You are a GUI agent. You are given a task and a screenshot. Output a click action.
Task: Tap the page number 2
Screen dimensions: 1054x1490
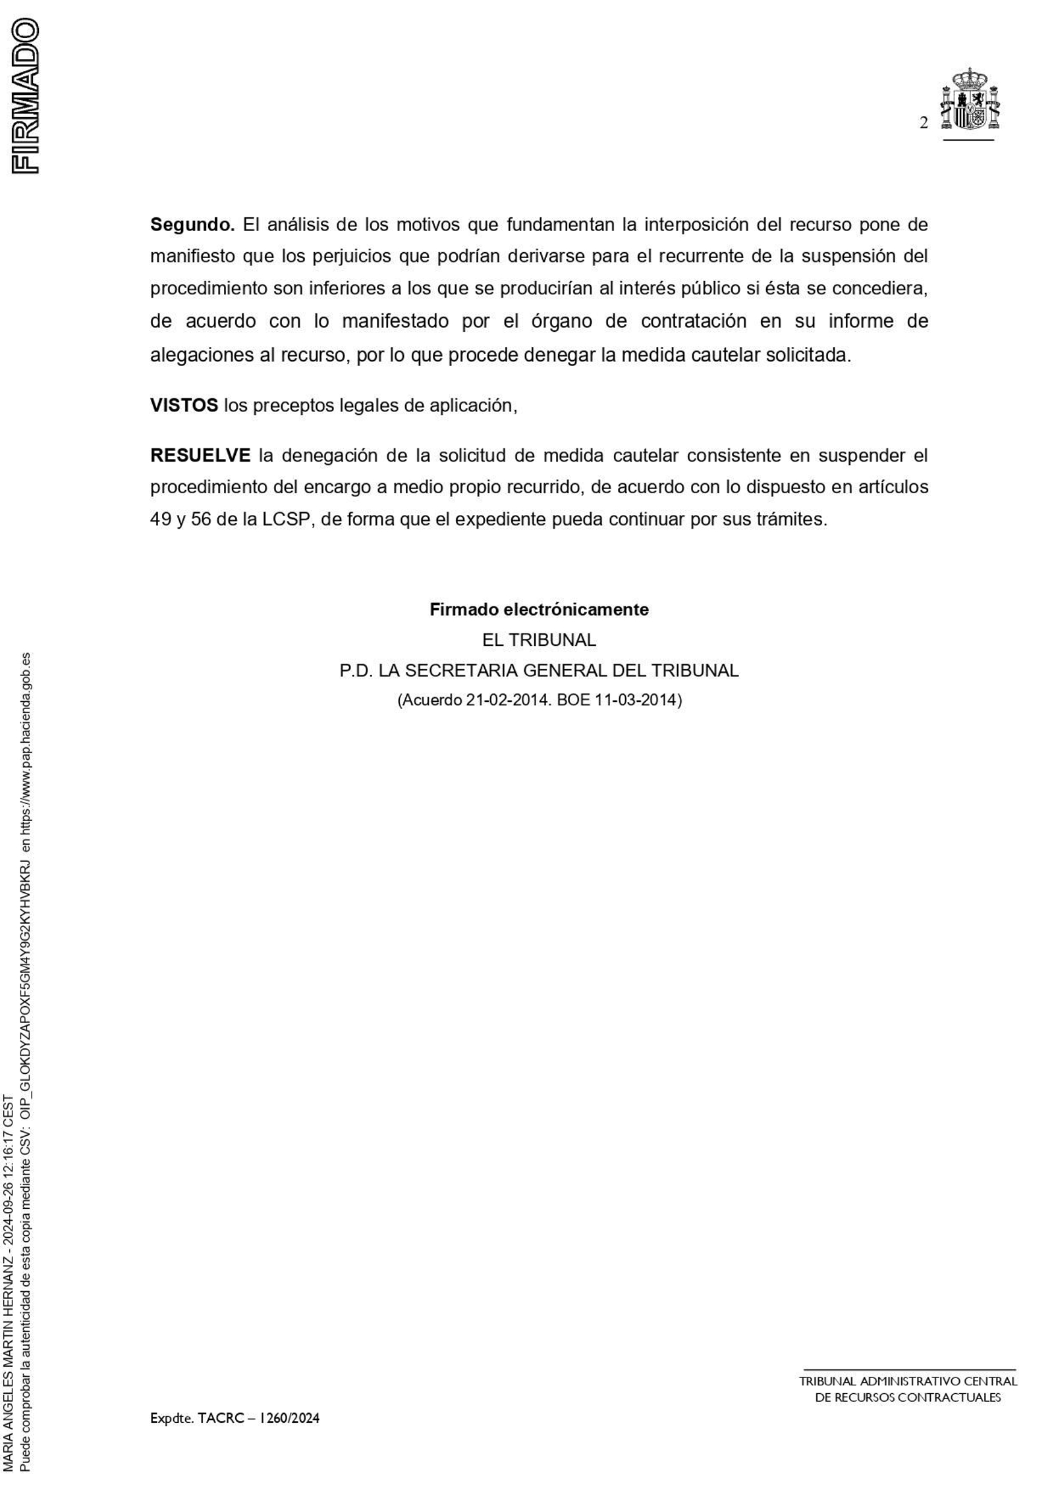pos(924,123)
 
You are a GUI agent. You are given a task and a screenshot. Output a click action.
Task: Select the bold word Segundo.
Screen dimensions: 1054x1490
pos(192,225)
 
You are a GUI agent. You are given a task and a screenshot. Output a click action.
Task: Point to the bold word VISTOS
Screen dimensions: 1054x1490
pos(184,405)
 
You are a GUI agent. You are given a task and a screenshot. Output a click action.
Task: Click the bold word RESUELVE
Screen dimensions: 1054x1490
pos(200,455)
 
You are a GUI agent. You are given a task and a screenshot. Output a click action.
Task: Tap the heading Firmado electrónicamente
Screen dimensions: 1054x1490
pos(539,609)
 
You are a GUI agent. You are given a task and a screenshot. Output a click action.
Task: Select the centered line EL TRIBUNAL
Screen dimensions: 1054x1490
pos(539,639)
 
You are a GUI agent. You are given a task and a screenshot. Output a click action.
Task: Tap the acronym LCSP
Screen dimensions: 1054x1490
pos(286,519)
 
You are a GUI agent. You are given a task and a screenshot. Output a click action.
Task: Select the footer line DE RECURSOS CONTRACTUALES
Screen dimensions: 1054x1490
pos(908,1398)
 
